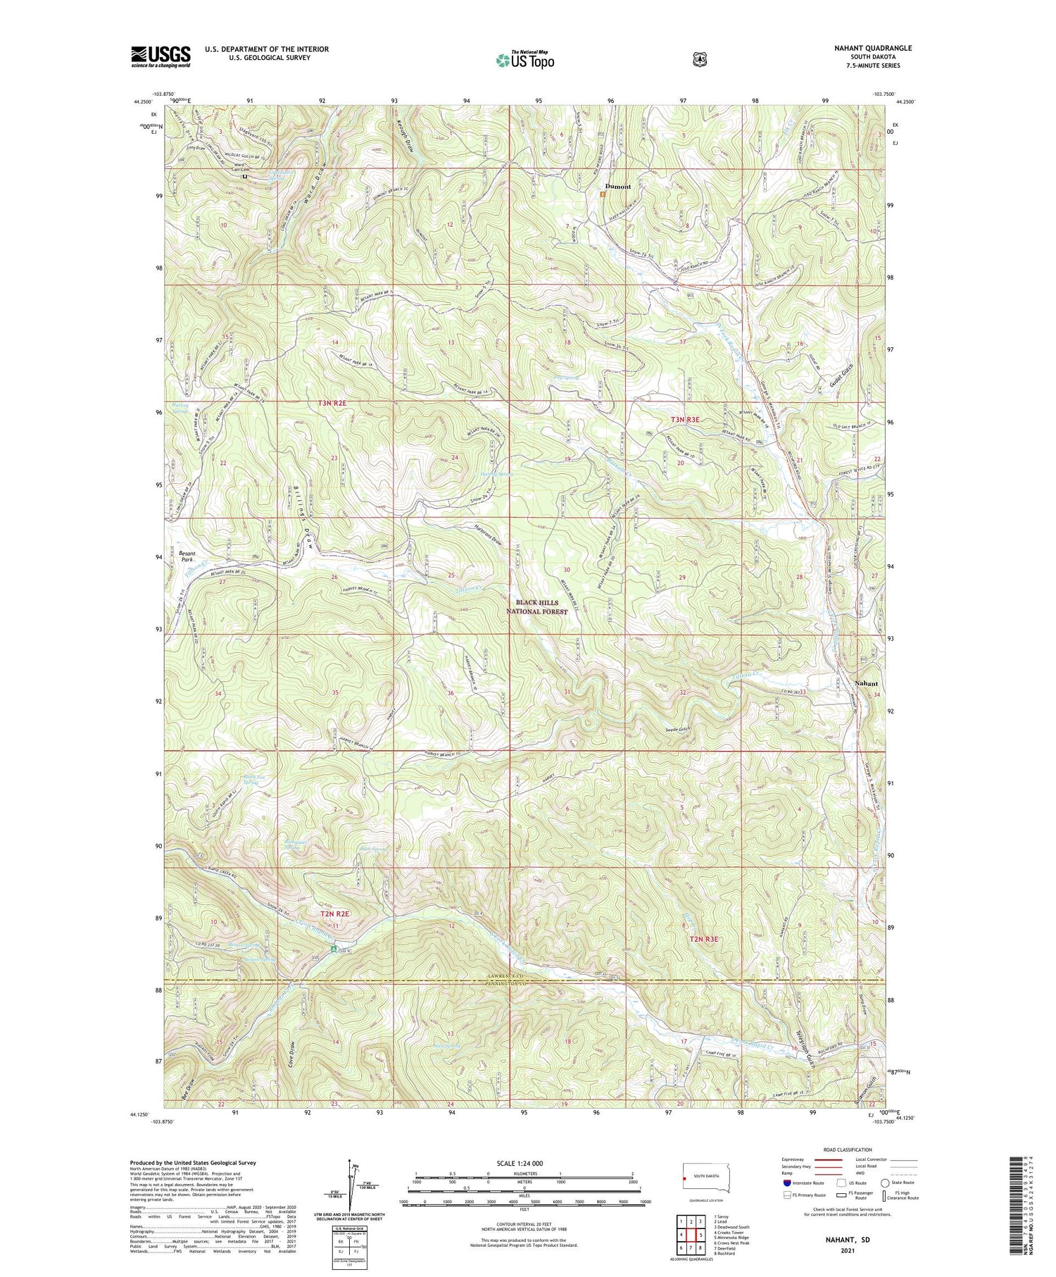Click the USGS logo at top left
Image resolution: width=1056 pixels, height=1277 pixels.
click(161, 56)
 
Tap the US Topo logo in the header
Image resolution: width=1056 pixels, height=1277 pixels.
click(524, 61)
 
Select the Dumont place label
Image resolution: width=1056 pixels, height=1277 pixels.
click(616, 187)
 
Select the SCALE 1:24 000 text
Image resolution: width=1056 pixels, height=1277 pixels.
click(524, 1163)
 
